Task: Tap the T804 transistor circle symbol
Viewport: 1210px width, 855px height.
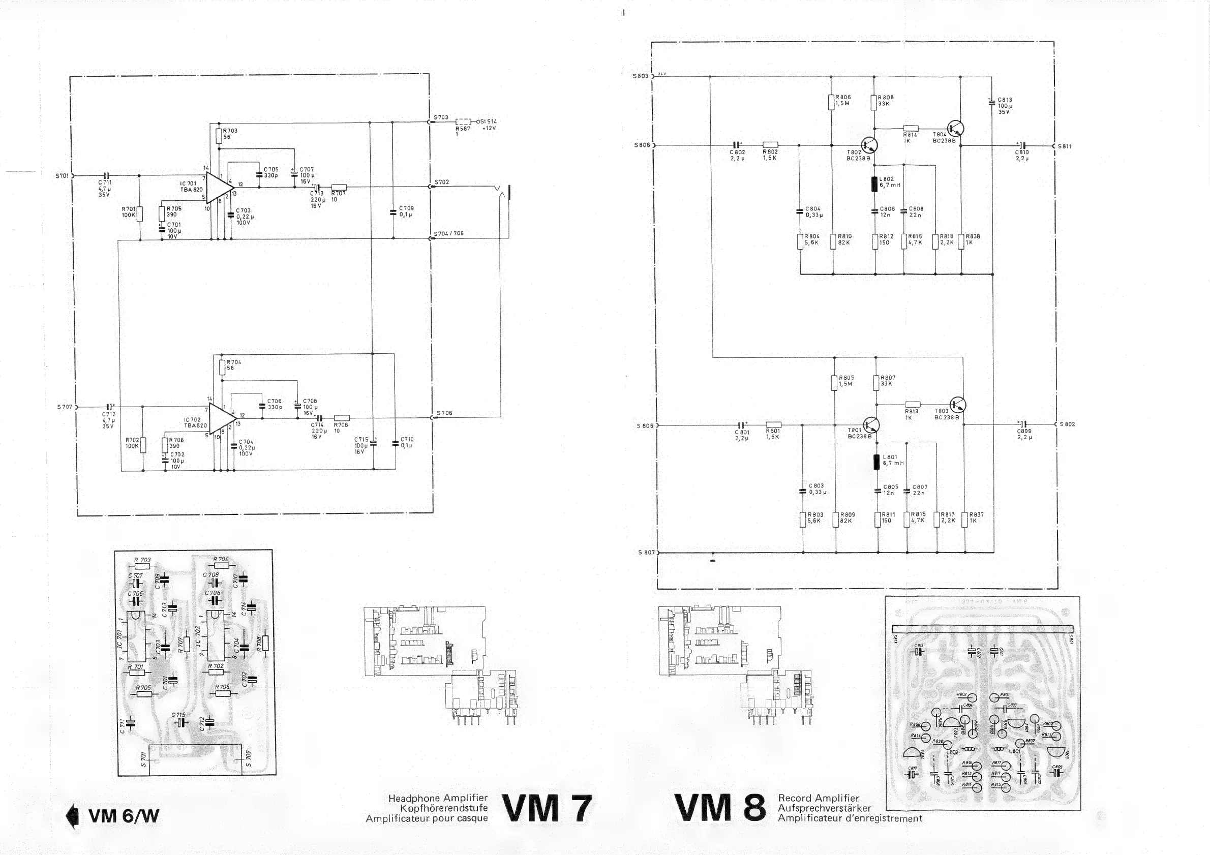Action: point(955,128)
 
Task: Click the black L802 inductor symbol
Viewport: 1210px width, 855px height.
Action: point(875,184)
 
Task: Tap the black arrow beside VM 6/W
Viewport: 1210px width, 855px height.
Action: point(72,816)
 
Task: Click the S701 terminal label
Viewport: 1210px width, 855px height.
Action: point(62,176)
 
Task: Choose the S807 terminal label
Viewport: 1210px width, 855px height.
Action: point(646,553)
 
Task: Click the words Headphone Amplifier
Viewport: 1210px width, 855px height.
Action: point(437,798)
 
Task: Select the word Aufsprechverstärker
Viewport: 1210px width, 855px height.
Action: point(824,808)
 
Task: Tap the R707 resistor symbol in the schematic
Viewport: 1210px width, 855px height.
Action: point(339,187)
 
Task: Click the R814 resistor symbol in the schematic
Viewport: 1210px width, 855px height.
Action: point(911,128)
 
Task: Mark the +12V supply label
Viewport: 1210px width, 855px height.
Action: point(489,128)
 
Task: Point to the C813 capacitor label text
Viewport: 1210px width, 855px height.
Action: point(1005,100)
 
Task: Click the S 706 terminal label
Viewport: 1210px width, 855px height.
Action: point(444,413)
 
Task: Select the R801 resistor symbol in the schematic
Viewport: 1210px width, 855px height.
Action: point(773,424)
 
